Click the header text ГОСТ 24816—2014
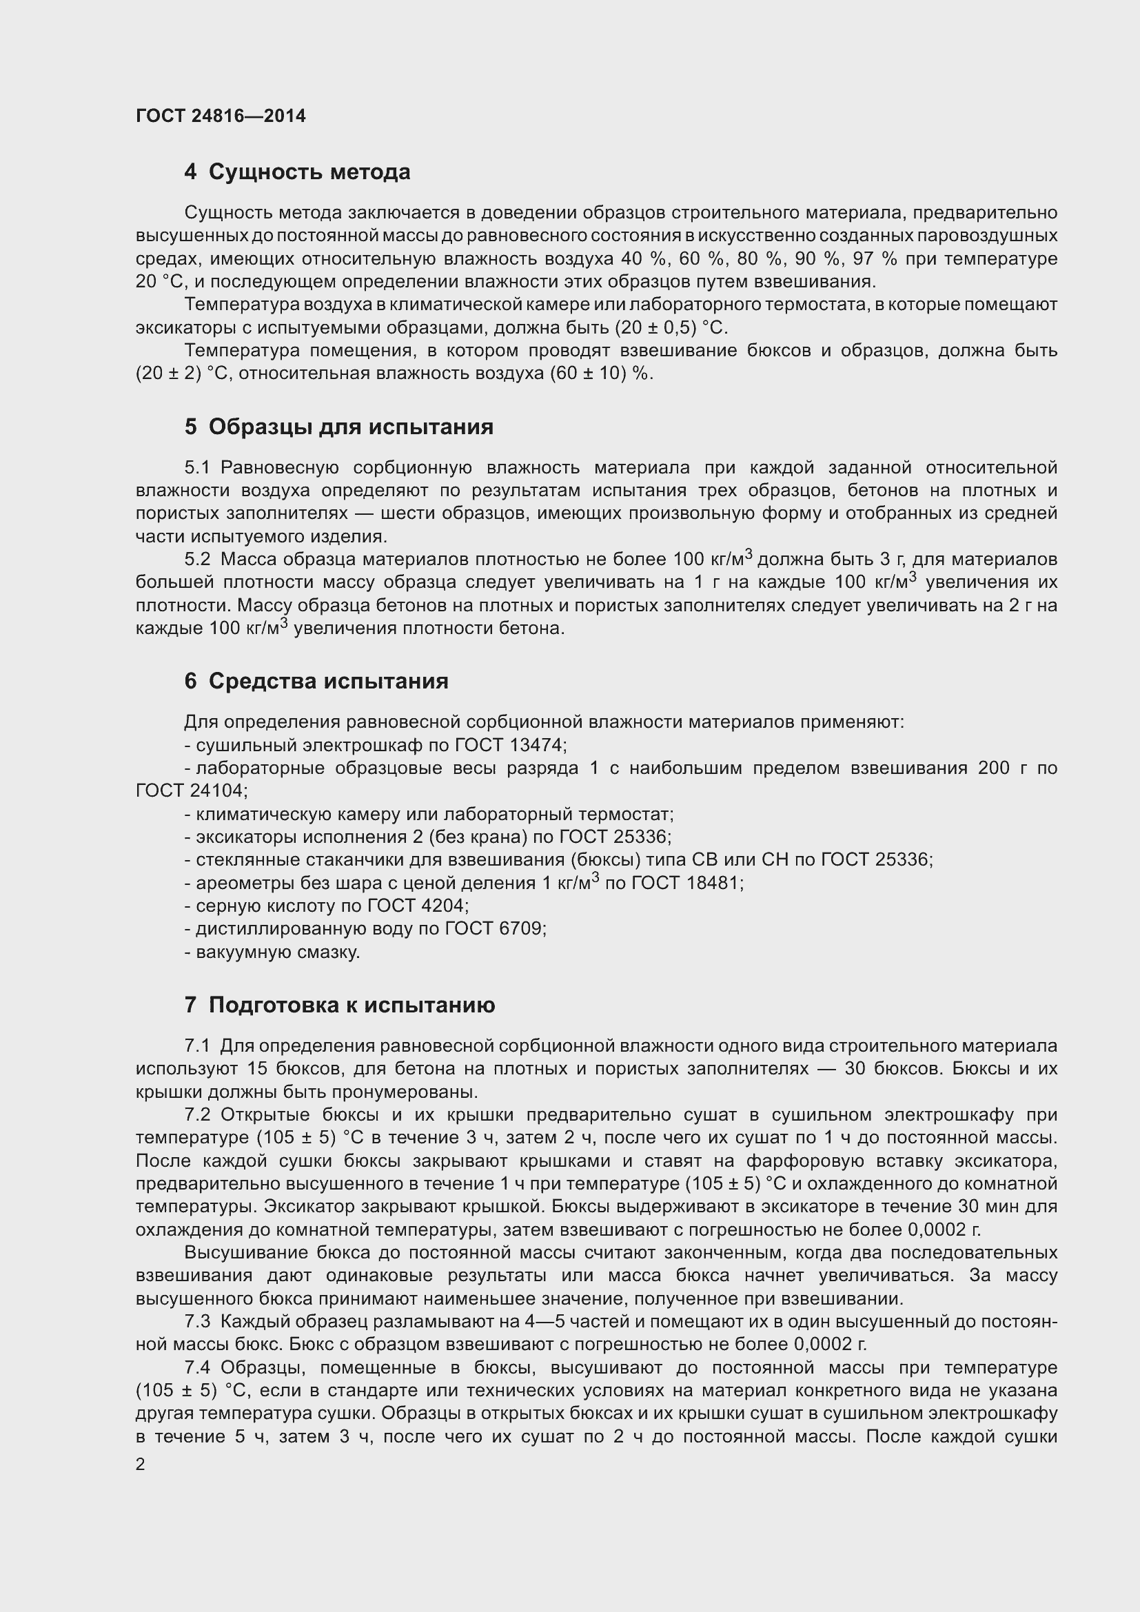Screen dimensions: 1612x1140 pyautogui.click(x=221, y=116)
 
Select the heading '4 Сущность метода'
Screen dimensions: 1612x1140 pyautogui.click(x=297, y=172)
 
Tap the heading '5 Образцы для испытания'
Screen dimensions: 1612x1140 pyautogui.click(x=338, y=427)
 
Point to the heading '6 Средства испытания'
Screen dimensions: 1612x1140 pyautogui.click(x=316, y=681)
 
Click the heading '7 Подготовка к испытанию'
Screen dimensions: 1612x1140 pyautogui.click(x=339, y=1006)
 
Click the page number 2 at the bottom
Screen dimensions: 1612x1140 pyautogui.click(x=141, y=1465)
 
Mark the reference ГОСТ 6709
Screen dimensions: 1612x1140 pyautogui.click(x=494, y=929)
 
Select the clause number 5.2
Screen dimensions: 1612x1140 pyautogui.click(x=197, y=560)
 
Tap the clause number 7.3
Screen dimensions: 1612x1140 pyautogui.click(x=197, y=1322)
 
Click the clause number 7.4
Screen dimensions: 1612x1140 pyautogui.click(x=197, y=1367)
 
